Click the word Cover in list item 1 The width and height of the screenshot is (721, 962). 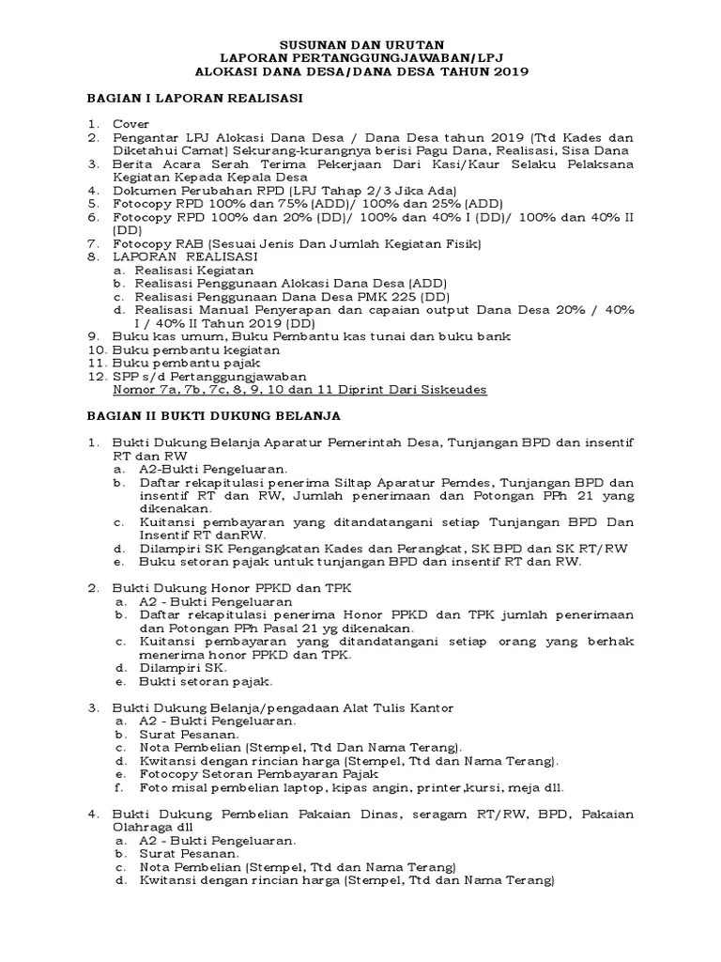(130, 123)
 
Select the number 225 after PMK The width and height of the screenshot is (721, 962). (368, 295)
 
